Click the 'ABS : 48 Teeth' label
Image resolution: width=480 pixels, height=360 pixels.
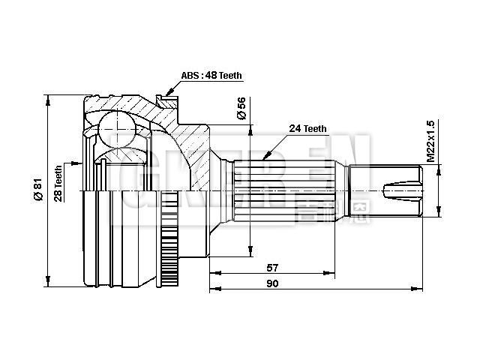pyautogui.click(x=211, y=76)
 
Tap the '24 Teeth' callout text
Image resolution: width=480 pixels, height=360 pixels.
pyautogui.click(x=308, y=129)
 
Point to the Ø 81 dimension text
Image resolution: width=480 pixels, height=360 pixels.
pyautogui.click(x=37, y=188)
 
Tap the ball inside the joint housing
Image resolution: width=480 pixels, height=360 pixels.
pyautogui.click(x=115, y=123)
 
